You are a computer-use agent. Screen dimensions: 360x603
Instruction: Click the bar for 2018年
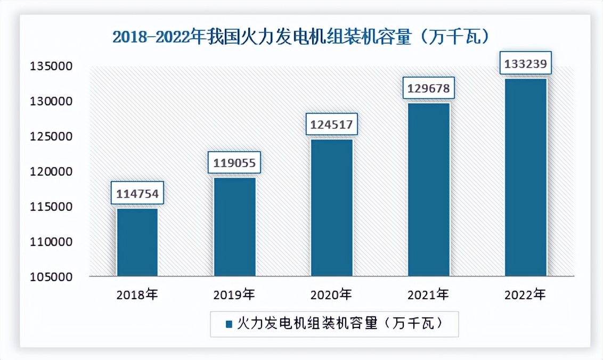pos(137,242)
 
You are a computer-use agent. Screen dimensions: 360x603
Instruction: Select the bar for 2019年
pos(234,227)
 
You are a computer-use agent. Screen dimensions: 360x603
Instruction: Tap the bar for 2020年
pos(331,208)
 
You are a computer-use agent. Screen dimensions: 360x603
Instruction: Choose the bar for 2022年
pos(525,177)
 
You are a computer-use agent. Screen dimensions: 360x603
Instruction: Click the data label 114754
pos(137,194)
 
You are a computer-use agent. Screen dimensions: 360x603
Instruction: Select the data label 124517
pos(331,125)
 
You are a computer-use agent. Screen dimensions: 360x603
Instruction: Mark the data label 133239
pos(525,64)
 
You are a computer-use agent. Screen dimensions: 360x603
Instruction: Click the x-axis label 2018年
pos(137,294)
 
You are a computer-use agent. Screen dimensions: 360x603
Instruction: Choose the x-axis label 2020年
pos(331,294)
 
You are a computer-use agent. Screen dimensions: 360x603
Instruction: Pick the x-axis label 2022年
pos(525,294)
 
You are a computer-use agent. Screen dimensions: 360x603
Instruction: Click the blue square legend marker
pos(229,324)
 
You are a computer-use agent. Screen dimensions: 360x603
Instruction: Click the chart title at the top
pos(301,37)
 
